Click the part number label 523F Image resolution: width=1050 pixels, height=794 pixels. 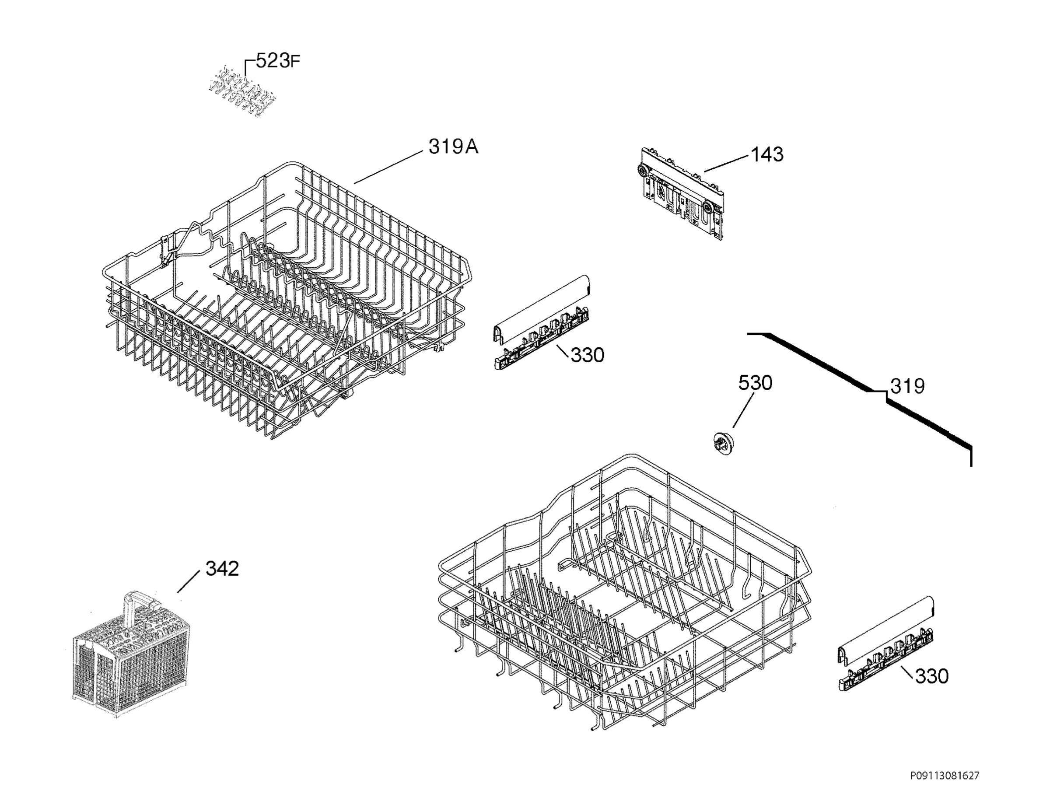(x=278, y=61)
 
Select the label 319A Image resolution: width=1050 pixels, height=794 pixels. (x=453, y=147)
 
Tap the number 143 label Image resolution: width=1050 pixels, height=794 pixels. (x=767, y=154)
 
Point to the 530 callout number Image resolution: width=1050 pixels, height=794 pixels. (x=755, y=382)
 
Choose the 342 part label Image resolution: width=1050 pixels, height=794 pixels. (x=222, y=568)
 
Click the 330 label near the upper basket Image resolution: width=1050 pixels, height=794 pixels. (x=587, y=355)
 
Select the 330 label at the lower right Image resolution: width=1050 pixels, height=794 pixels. (x=932, y=676)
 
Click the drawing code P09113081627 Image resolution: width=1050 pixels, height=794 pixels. (x=945, y=776)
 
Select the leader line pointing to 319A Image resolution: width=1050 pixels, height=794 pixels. (x=388, y=168)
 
